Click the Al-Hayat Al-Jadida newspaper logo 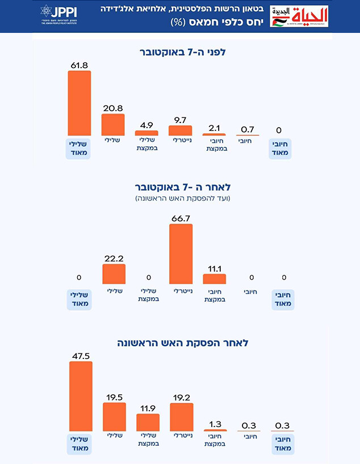click(299, 16)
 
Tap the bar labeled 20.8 click(113, 124)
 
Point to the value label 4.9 click(146, 125)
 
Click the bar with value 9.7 click(180, 130)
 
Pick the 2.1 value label click(214, 127)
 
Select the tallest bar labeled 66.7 click(181, 254)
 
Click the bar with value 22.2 click(114, 274)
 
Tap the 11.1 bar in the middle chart click(215, 279)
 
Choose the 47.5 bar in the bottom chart click(80, 396)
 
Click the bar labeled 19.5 click(114, 417)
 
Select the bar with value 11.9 click(148, 423)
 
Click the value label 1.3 click(215, 423)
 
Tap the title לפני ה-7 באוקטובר click(180, 52)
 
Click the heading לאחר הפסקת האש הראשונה click(180, 343)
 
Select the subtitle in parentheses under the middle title click(180, 199)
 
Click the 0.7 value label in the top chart click(248, 129)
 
